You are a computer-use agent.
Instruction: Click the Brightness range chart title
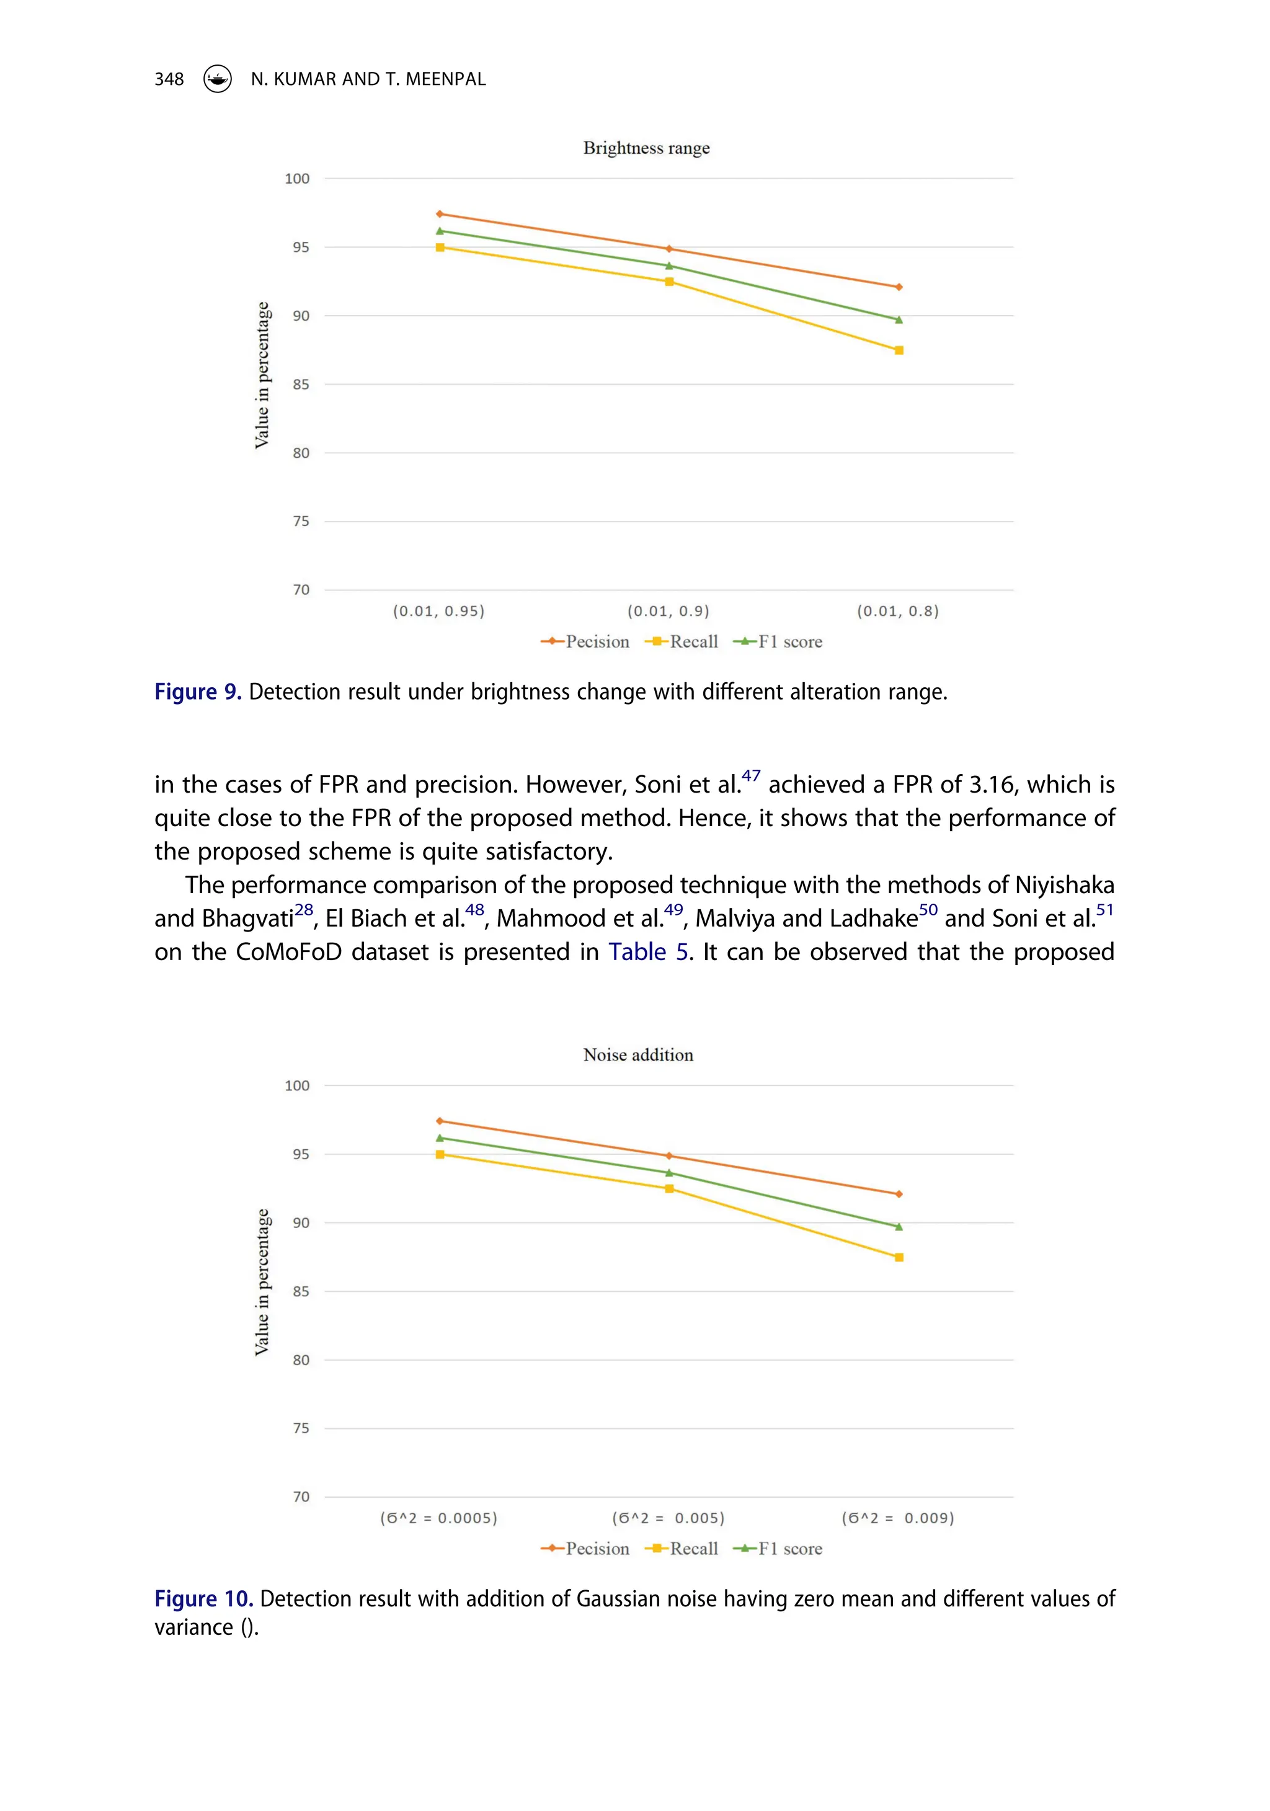646,148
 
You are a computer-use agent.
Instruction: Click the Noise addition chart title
638,1056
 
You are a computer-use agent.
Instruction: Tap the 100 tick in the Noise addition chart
298,1086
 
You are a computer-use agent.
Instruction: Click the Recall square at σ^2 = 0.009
899,1257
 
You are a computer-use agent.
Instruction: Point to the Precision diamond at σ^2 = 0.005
669,1156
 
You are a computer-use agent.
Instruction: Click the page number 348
169,79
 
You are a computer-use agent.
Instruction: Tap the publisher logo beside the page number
218,79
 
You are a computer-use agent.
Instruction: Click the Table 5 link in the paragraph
649,952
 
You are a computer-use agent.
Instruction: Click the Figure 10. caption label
203,1600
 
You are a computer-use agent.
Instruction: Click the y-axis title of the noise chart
262,1282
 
